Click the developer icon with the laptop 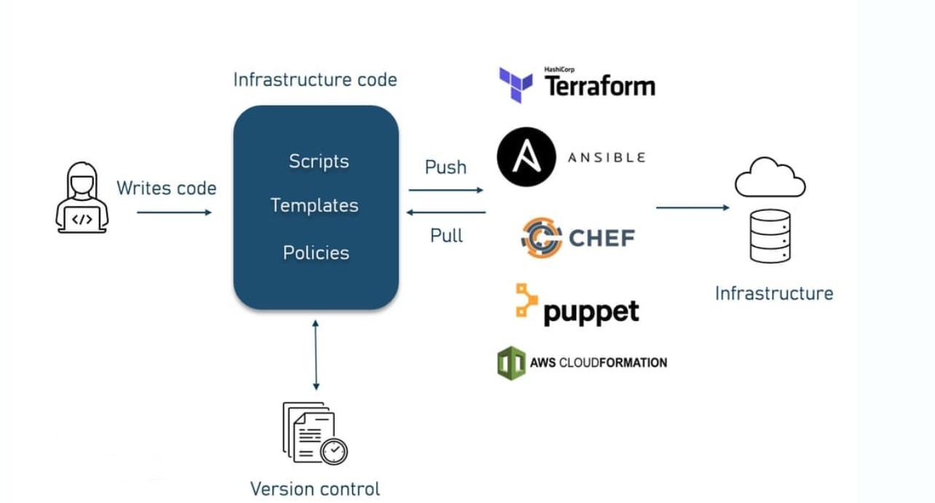[81, 198]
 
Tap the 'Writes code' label [167, 189]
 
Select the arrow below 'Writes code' [174, 213]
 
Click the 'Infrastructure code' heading [315, 79]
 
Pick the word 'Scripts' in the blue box [319, 161]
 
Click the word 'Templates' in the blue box [314, 206]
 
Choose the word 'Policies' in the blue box [316, 253]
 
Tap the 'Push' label [445, 167]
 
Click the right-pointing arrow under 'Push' [445, 190]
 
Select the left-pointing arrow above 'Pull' [445, 213]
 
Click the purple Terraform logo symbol [515, 84]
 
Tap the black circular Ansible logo [526, 157]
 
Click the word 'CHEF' [601, 238]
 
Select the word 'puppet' [591, 312]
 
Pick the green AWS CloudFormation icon [512, 363]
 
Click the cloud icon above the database [770, 178]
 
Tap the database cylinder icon [770, 236]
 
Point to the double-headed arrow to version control [315, 355]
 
